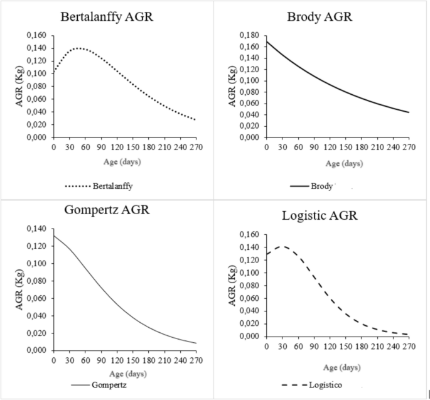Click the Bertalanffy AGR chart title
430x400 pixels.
point(107,17)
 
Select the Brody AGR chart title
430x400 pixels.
point(320,17)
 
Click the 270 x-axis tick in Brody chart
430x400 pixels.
point(408,147)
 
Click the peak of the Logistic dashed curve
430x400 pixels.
point(284,247)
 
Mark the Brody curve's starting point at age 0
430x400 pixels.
point(267,42)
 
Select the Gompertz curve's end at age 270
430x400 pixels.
point(196,343)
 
